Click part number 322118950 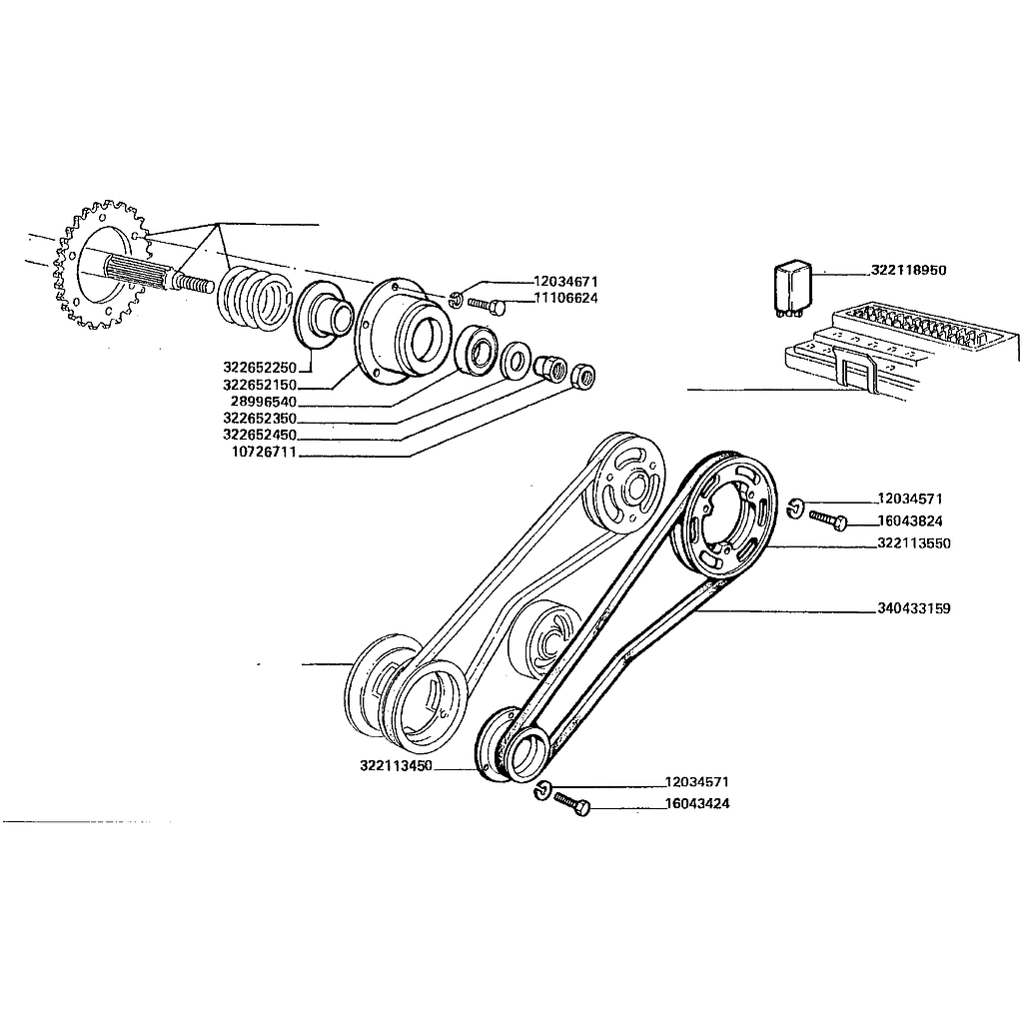pos(908,271)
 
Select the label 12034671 pos(565,282)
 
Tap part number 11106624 pos(565,298)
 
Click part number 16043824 pos(910,520)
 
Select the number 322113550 pos(913,543)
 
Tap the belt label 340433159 pos(913,607)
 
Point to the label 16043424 pos(696,803)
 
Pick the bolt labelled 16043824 pos(828,519)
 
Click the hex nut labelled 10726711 pos(582,376)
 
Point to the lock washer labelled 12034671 pos(456,298)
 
